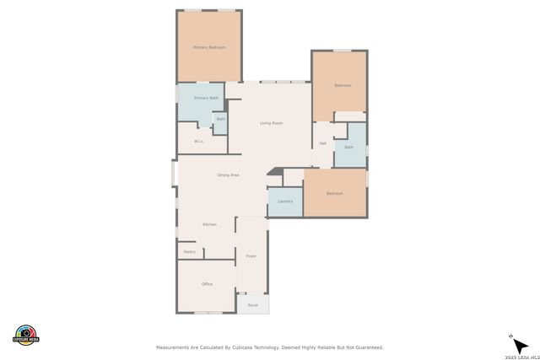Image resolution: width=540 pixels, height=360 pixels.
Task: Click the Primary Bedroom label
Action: point(209,48)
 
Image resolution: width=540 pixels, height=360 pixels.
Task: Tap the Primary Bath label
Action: point(206,99)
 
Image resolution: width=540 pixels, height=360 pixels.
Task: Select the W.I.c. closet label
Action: point(199,141)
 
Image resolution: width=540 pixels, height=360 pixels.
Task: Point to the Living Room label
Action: point(270,123)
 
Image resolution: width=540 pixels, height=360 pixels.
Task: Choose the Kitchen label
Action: point(209,224)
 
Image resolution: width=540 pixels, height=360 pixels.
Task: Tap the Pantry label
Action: point(189,251)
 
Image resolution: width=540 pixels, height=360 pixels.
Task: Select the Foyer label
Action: point(251,255)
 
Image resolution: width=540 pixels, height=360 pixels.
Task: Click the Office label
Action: point(207,284)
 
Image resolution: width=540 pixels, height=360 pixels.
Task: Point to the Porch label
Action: point(252,305)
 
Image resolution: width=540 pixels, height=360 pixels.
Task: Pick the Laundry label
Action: point(284,201)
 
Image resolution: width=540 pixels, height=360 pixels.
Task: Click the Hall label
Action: point(322,143)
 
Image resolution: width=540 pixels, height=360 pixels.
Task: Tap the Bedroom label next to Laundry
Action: point(335,194)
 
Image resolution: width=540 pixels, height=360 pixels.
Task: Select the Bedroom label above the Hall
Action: point(342,85)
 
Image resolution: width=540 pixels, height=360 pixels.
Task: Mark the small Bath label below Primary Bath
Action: point(220,119)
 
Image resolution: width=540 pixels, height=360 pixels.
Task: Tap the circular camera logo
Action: point(26,335)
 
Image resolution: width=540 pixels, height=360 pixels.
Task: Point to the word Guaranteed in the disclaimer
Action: point(367,347)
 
